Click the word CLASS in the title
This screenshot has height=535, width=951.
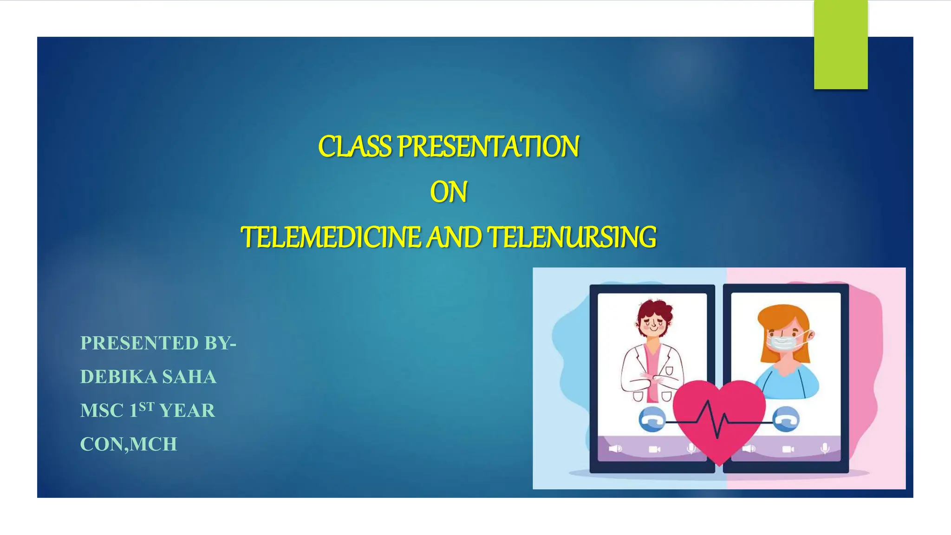pos(355,147)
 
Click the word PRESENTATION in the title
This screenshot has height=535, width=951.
pos(488,147)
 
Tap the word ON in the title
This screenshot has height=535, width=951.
pos(448,192)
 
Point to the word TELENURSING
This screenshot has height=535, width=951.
pos(572,237)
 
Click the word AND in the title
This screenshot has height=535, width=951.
pos(454,237)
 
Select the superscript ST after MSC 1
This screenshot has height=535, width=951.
pos(146,407)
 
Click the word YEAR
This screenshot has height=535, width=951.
pos(187,411)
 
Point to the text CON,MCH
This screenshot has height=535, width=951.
pos(129,444)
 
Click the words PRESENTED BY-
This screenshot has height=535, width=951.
pos(158,343)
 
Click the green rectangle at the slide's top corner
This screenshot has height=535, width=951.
pos(840,45)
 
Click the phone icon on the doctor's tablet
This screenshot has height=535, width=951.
pos(651,420)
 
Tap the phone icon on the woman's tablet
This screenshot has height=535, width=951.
pos(787,419)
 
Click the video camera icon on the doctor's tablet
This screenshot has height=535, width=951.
pos(654,449)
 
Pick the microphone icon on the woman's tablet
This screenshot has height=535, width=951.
pos(825,449)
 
